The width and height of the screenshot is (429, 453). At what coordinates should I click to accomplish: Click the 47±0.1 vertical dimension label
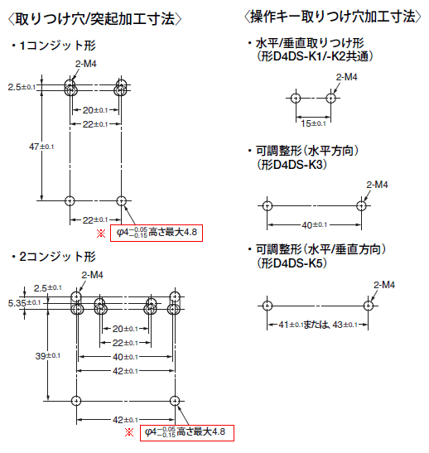coord(41,147)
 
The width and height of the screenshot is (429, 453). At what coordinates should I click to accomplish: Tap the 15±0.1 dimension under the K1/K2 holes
coord(313,123)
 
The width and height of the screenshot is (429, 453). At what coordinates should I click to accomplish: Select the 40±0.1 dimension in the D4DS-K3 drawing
coord(315,224)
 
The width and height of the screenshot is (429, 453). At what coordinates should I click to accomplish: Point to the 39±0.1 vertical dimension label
coord(48,356)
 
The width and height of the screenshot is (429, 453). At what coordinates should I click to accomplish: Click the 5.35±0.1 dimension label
coord(24,303)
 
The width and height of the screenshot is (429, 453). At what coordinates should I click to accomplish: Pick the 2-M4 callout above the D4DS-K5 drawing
coord(384,285)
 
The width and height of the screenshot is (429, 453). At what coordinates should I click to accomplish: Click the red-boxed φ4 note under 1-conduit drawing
coord(157,233)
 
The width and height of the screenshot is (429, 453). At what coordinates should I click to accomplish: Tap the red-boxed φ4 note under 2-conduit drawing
coord(187,433)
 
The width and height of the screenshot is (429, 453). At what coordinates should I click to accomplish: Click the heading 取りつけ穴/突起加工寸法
coord(94,19)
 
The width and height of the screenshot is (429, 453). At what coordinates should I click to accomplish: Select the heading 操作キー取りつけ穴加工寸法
coord(333,17)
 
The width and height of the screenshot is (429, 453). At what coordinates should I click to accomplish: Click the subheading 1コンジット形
coord(54,46)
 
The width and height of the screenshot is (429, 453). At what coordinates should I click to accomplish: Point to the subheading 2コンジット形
coord(54,257)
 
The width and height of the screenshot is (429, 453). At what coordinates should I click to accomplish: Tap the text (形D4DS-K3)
coord(292,165)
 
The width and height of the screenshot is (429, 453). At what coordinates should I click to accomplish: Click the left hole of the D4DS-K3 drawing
coord(268,206)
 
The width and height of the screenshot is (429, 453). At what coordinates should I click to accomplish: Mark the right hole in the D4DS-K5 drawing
coord(368,306)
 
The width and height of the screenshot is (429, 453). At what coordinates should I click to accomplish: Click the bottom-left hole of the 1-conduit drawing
coord(70,200)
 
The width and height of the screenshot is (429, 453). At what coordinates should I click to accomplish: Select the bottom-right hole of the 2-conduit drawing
coord(175,401)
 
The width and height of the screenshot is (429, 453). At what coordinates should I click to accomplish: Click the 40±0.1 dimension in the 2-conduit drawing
coord(125,357)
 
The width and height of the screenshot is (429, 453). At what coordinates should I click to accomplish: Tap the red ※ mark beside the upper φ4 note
coord(101,234)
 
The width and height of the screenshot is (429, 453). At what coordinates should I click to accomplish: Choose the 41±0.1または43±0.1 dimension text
coord(318,325)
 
